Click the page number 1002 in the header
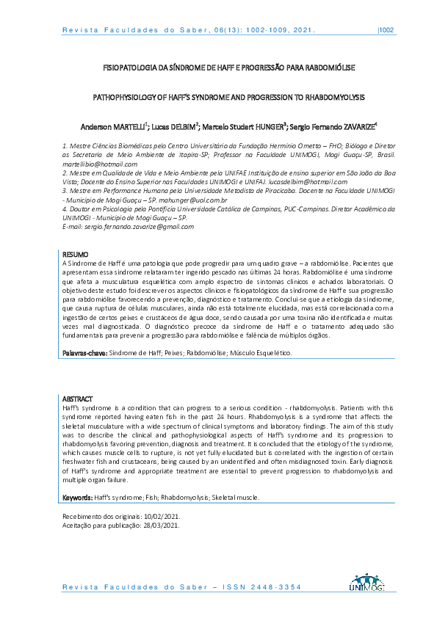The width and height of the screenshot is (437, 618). [387, 31]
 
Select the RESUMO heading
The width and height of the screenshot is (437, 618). [74, 255]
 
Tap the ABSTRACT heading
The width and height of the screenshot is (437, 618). [76, 397]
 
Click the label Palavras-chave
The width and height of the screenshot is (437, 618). [83, 353]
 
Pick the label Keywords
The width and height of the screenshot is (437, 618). [77, 498]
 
